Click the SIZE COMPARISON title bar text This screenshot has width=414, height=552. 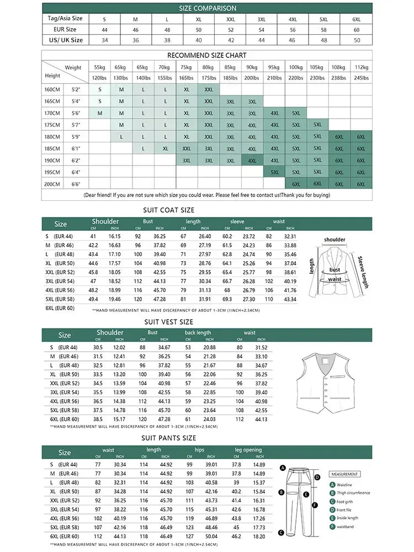pos(208,8)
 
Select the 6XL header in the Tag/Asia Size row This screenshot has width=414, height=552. pos(356,19)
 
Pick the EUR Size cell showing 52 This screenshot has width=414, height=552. pos(231,29)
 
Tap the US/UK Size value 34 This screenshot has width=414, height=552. pos(104,40)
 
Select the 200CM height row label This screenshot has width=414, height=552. pos(53,184)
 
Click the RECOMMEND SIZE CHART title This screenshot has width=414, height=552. pos(207,55)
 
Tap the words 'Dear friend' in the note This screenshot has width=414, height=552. pos(99,195)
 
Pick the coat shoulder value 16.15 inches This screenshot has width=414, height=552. pos(114,236)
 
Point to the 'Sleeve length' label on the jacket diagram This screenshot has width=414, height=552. pos(363,272)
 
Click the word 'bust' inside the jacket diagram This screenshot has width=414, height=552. pos(335,270)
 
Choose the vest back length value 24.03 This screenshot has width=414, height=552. pos(209,419)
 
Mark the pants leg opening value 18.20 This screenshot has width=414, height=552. pos(259,536)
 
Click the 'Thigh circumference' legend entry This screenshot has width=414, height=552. pos(353,493)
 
